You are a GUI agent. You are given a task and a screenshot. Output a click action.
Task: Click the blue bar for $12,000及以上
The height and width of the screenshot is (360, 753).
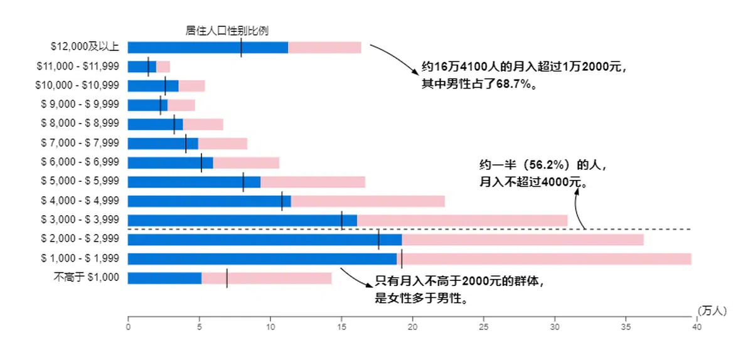(208, 47)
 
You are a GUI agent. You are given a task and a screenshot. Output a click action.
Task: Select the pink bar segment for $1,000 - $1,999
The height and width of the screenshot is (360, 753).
(546, 258)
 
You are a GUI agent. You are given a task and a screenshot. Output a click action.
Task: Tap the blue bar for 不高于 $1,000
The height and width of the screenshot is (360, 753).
(164, 278)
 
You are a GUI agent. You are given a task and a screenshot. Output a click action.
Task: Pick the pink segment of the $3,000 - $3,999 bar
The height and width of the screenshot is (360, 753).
(462, 220)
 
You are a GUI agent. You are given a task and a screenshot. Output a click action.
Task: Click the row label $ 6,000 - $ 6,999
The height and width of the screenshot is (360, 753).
(80, 162)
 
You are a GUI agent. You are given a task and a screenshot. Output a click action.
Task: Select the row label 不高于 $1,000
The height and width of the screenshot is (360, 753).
(87, 278)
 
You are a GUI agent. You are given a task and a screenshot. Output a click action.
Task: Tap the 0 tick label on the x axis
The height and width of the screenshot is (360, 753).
(128, 327)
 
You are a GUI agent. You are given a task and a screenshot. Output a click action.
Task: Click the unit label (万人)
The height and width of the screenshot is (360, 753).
(712, 310)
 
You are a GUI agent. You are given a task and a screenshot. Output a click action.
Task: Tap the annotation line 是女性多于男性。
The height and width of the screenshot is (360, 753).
(421, 298)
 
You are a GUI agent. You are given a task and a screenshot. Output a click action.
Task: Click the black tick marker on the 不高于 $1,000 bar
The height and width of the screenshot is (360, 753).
(227, 278)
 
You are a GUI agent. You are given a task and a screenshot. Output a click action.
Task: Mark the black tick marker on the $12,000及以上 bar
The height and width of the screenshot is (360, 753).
(241, 47)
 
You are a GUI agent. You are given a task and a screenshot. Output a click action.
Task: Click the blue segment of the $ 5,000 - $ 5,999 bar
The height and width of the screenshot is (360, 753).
(194, 182)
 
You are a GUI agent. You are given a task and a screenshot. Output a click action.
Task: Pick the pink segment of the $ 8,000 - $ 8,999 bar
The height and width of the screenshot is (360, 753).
(203, 124)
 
